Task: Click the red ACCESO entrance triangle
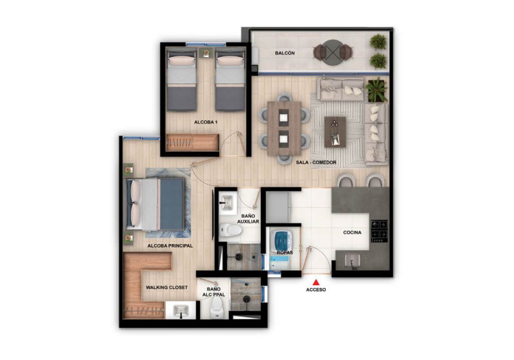(x=316, y=282)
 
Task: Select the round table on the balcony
(x=332, y=52)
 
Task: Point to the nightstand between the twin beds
(x=206, y=53)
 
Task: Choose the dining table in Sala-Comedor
(x=284, y=128)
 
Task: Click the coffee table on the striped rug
(x=335, y=132)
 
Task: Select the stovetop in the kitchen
(x=379, y=231)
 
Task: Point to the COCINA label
(x=352, y=232)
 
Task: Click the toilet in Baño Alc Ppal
(x=217, y=308)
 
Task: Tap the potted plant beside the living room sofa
(x=376, y=90)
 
